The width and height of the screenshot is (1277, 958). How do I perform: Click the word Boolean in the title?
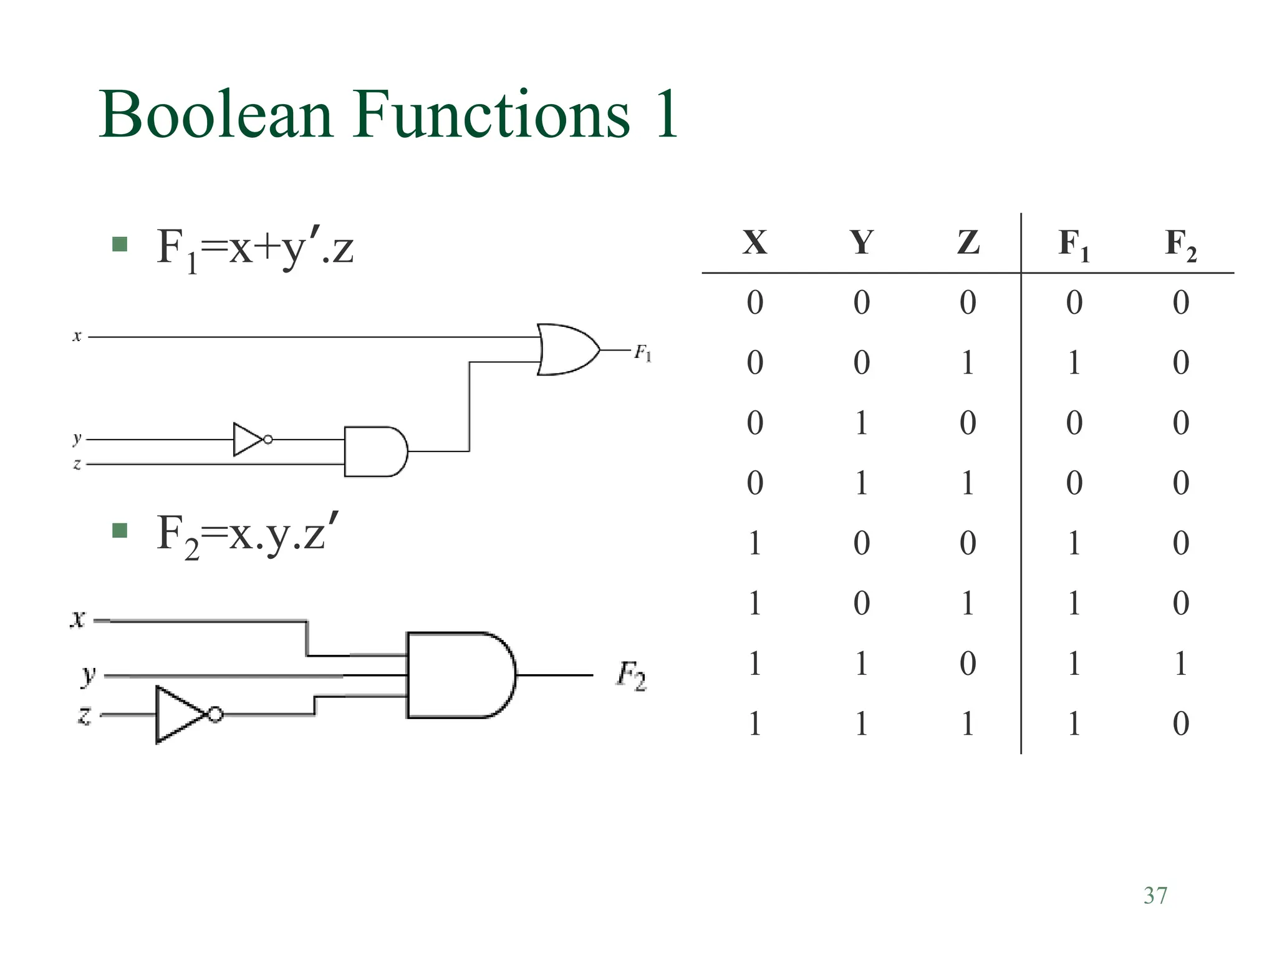point(216,115)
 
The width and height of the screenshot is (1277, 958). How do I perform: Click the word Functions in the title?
point(492,115)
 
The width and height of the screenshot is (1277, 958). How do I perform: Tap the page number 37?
point(1155,896)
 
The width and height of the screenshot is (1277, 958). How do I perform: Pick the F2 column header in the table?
point(1180,244)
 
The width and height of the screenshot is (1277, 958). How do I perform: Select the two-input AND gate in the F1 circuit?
point(375,452)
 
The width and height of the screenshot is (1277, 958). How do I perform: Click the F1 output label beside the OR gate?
point(643,354)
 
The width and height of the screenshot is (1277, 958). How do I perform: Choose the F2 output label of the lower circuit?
point(631,676)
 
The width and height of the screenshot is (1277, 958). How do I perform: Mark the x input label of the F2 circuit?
point(77,619)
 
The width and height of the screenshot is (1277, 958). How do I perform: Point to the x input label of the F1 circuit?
point(77,337)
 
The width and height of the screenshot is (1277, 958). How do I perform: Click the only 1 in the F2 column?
point(1180,664)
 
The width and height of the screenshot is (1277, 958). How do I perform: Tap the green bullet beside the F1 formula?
point(120,244)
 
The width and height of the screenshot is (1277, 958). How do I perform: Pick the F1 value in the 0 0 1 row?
point(1074,362)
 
